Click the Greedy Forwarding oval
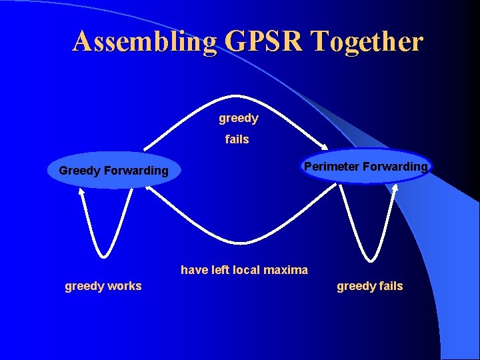[x=114, y=171]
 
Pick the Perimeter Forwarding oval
[x=366, y=167]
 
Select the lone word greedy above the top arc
[x=238, y=119]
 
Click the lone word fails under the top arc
[x=237, y=139]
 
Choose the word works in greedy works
[x=125, y=286]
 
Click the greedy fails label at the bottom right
[x=369, y=286]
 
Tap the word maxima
[x=285, y=270]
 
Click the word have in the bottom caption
[x=194, y=270]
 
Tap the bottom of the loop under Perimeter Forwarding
[x=368, y=259]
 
